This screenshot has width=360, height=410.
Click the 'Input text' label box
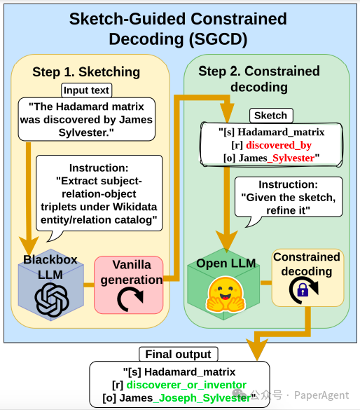coord(86,90)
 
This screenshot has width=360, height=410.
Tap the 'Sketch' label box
coord(271,116)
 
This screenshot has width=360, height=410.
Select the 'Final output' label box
coord(178,355)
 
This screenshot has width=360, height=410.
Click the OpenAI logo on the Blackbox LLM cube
coord(52,299)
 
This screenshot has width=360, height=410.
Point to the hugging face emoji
coord(226,294)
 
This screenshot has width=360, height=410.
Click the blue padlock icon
coord(303,290)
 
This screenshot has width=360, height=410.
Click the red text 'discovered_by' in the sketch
coord(279,145)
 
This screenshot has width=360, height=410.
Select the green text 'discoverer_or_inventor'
coord(186,385)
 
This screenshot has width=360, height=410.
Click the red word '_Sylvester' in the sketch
coord(291,158)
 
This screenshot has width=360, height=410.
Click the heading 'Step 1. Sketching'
coord(86,72)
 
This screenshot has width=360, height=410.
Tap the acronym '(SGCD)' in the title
coord(218,39)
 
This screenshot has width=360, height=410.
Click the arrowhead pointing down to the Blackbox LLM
coord(29,245)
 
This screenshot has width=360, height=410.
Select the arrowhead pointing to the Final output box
coord(257,349)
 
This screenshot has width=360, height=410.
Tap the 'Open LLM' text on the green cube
coord(226,263)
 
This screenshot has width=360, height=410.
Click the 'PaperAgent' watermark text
coord(321,395)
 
